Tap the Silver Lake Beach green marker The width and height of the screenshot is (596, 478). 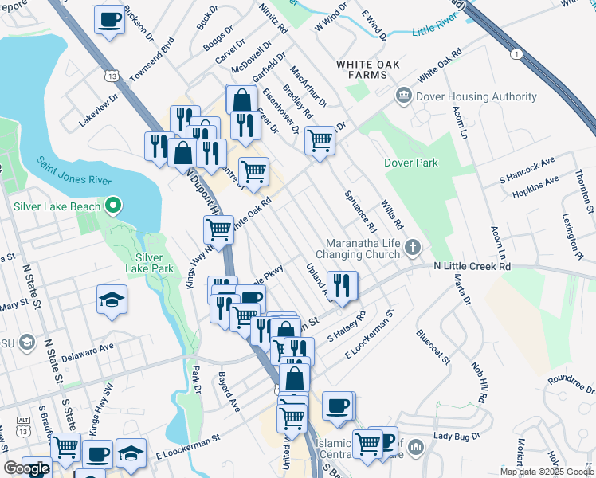(113, 207)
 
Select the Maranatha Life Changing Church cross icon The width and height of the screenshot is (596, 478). (413, 246)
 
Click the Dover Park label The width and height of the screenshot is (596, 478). (411, 163)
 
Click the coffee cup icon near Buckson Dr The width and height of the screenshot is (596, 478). (110, 19)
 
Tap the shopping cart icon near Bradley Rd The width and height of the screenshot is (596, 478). (320, 140)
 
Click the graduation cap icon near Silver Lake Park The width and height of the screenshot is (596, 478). (112, 300)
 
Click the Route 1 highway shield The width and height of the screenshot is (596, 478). (519, 53)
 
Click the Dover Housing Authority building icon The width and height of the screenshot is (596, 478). (404, 96)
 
